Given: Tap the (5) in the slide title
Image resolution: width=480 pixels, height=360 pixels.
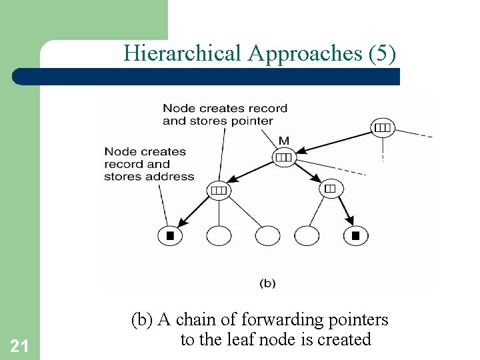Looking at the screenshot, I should click(x=381, y=53).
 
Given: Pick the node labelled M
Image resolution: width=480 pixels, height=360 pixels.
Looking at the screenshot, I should click(x=283, y=157).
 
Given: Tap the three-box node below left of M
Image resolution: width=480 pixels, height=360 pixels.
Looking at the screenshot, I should click(x=219, y=190).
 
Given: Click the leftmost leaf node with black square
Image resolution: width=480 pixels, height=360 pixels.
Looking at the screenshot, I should click(x=170, y=235).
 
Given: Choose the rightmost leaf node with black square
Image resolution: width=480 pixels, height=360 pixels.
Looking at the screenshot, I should click(x=355, y=235).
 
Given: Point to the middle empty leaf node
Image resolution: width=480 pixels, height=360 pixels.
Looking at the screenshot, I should click(x=268, y=235).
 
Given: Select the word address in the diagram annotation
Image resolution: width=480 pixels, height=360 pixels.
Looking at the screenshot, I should click(x=172, y=177).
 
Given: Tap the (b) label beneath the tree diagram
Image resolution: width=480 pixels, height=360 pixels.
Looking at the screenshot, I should click(x=267, y=283).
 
